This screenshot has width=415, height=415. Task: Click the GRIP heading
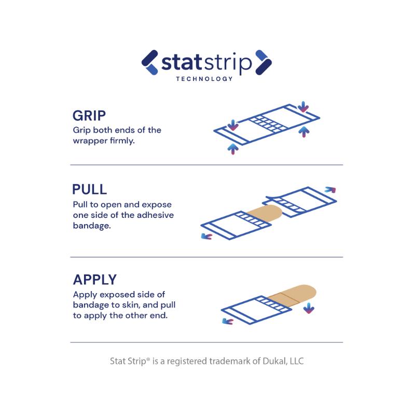[x=90, y=116]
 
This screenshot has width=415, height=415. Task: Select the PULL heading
[x=90, y=189]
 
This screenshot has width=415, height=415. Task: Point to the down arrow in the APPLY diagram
[x=309, y=309]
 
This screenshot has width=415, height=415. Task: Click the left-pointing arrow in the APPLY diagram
[x=227, y=322]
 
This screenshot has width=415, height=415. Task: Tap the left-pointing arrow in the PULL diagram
[x=206, y=237]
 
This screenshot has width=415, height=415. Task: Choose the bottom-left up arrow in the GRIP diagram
[x=233, y=149]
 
